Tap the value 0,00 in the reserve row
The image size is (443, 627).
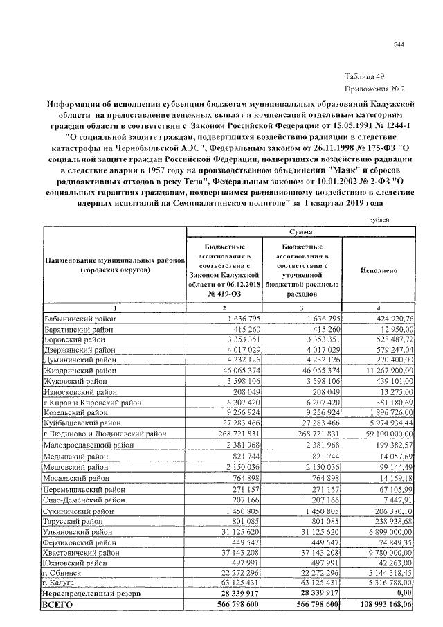402,594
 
